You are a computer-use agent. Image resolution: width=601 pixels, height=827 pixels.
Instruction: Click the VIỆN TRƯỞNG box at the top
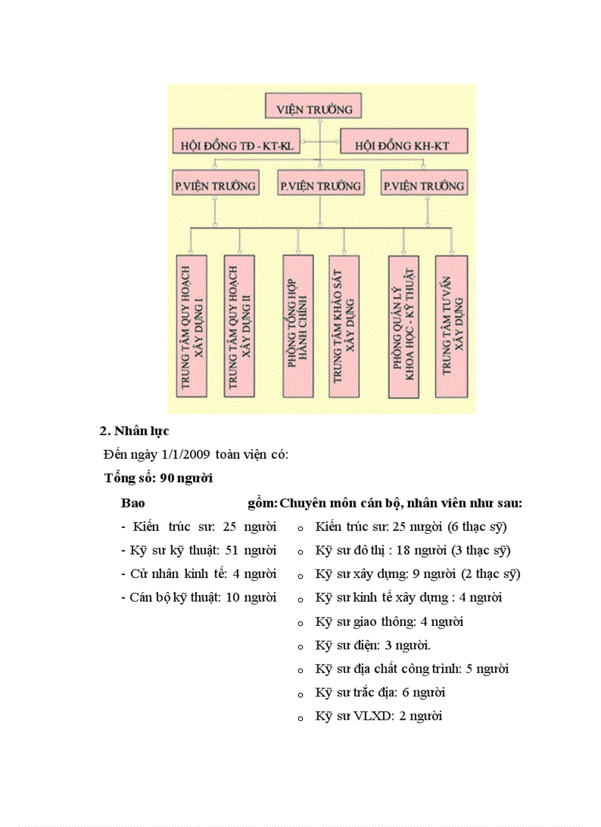314,108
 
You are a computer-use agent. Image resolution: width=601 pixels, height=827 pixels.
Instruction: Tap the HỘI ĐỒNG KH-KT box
402,145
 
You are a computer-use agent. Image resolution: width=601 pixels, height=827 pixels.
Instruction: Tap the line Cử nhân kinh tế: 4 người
198,574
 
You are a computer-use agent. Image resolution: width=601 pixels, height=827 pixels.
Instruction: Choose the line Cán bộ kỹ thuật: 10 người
198,597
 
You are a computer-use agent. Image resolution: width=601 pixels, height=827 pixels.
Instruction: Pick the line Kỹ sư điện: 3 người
373,645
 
